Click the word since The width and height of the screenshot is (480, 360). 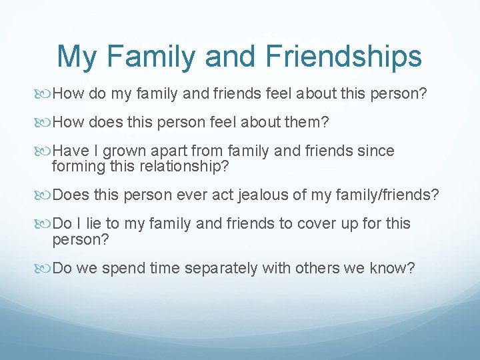point(375,151)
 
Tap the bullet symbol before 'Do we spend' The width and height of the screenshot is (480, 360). point(45,268)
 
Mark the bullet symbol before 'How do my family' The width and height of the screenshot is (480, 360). point(45,93)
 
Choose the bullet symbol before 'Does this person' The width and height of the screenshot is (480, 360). point(45,194)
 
